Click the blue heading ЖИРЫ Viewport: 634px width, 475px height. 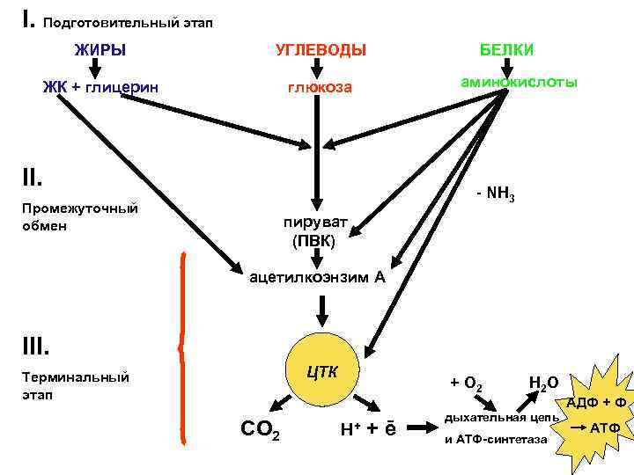[100, 49]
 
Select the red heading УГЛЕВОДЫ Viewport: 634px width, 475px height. [321, 49]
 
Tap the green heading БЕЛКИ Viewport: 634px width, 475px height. [506, 49]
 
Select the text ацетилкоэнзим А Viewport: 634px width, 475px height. [318, 277]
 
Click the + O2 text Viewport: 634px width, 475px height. [466, 384]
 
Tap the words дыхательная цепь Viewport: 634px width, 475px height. [501, 416]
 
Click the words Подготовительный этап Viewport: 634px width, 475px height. [128, 20]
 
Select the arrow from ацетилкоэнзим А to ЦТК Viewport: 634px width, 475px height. [321, 310]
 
